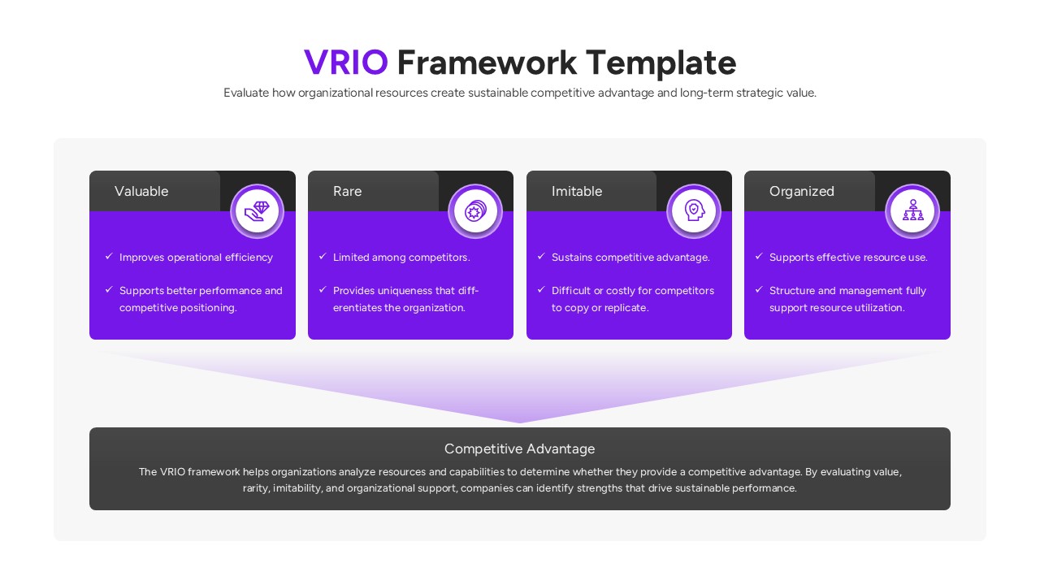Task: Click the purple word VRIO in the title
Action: (x=345, y=63)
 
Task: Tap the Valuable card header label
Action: (x=141, y=191)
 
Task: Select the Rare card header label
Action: (x=347, y=191)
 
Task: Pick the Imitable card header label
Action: (x=577, y=191)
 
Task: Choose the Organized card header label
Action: (x=801, y=191)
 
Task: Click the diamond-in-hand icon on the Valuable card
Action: (x=258, y=211)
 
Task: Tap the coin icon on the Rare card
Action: (x=475, y=211)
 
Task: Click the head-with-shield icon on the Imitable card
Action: (x=694, y=211)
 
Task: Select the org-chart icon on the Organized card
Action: (x=912, y=211)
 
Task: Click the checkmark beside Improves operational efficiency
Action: (x=109, y=256)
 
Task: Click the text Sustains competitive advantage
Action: (x=630, y=257)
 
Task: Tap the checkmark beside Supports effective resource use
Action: (x=759, y=256)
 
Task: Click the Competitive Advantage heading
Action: (x=519, y=448)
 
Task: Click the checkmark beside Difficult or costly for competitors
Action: (x=541, y=289)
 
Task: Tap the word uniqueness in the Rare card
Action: (x=404, y=290)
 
